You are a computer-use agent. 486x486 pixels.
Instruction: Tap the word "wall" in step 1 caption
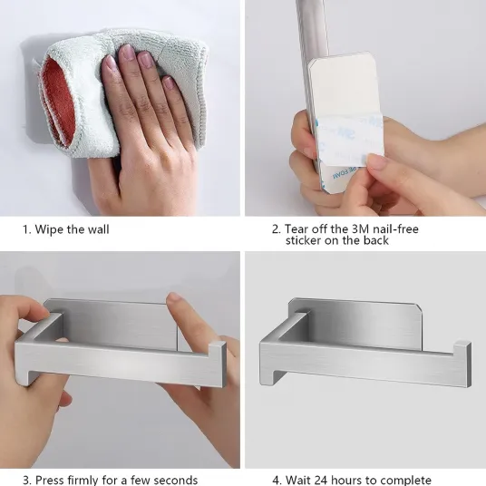coord(98,229)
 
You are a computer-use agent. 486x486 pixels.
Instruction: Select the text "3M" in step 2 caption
coord(361,229)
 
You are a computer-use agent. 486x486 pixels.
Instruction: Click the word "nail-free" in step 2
coord(395,229)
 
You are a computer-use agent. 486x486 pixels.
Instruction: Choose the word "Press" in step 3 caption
coord(49,480)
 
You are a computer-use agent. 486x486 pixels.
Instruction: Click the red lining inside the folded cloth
coord(59,102)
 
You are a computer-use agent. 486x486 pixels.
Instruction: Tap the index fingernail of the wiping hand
coord(110,63)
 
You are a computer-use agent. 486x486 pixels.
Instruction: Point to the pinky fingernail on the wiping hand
coord(169,83)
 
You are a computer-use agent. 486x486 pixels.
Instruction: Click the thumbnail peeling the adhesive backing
coord(376,161)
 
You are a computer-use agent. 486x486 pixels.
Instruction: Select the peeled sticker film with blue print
coord(350,140)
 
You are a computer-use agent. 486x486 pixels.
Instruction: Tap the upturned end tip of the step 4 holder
coord(463,344)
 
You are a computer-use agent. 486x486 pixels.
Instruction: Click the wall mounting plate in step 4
coord(352,323)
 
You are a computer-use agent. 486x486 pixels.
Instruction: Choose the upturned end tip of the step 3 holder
coord(219,345)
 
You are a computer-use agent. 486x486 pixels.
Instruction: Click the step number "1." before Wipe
coord(27,229)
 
